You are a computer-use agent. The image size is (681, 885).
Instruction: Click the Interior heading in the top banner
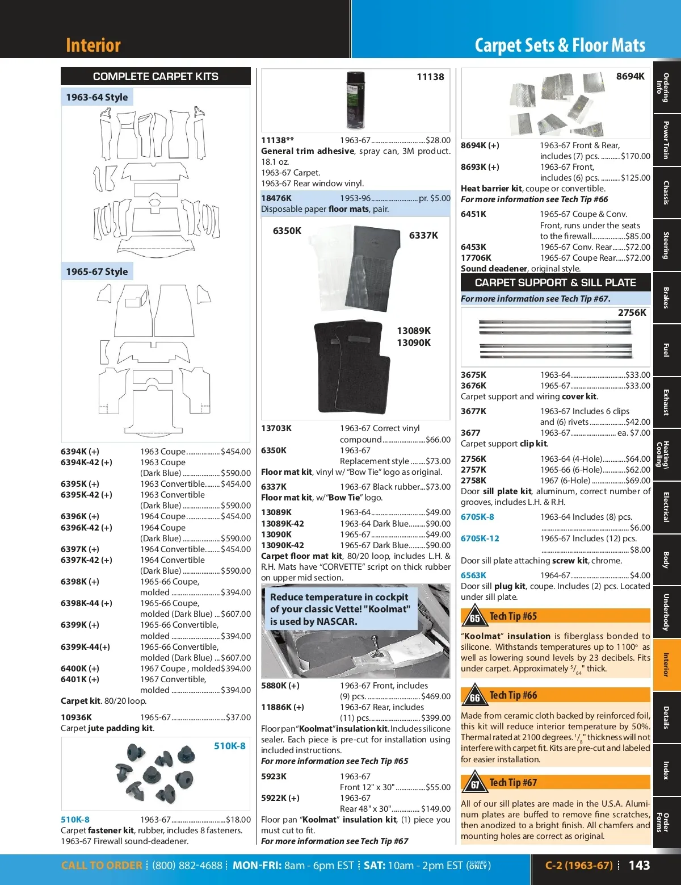coord(93,45)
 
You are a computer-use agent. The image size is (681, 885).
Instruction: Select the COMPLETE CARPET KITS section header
coord(155,76)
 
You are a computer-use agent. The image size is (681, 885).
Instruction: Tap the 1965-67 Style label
coord(97,272)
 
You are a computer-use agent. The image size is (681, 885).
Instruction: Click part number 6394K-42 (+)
coord(86,462)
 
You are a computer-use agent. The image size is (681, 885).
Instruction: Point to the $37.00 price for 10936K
coord(238,717)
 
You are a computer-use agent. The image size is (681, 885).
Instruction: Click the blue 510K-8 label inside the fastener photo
coord(230,746)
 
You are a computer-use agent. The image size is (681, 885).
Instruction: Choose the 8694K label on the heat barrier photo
coord(630,76)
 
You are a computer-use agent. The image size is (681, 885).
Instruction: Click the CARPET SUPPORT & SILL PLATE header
coord(555,282)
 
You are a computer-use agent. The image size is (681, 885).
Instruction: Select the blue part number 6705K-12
coord(480,538)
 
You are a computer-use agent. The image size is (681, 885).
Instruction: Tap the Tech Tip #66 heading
coord(513,695)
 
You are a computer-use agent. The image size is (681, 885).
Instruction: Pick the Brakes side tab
coord(666,298)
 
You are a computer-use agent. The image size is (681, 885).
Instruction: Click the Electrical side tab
coord(666,507)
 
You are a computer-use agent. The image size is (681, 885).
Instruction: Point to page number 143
coord(639,865)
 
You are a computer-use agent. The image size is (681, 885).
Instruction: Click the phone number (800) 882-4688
coord(187,866)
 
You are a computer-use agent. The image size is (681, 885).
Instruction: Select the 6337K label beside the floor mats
coord(423,235)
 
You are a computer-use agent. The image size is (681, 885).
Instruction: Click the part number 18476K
coord(276,198)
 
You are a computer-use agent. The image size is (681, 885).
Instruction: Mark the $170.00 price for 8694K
coord(636,156)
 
